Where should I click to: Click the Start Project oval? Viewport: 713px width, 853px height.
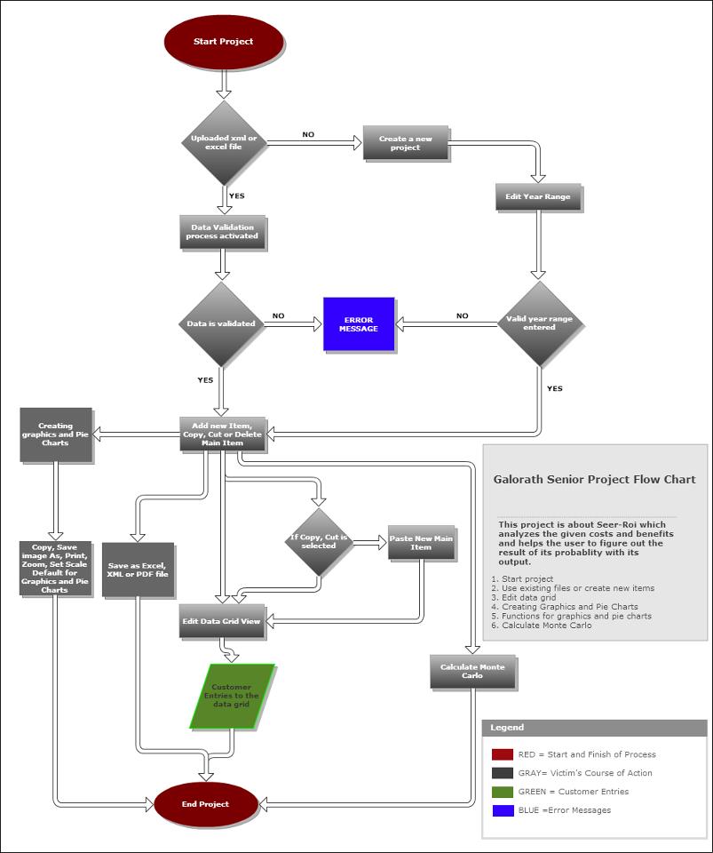tap(224, 42)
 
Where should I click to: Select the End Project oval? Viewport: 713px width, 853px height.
tap(206, 804)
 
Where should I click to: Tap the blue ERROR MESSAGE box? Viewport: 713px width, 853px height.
tap(359, 324)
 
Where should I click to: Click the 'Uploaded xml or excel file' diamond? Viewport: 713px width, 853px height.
tap(224, 142)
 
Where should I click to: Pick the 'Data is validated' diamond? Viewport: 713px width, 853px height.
tap(222, 324)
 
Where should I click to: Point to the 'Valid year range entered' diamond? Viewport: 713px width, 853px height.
tap(539, 323)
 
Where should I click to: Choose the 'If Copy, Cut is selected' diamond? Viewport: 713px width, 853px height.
tap(318, 542)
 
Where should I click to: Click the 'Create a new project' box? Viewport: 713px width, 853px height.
tap(406, 143)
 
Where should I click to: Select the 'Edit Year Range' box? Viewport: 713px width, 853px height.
tap(538, 196)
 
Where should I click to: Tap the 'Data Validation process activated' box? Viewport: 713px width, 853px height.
tap(222, 232)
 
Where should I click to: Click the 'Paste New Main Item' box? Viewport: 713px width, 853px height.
tap(422, 542)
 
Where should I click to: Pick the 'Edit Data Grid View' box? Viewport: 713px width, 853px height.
tap(222, 621)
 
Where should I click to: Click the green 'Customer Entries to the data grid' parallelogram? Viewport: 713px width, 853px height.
tap(233, 696)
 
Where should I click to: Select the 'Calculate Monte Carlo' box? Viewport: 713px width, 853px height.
tap(472, 672)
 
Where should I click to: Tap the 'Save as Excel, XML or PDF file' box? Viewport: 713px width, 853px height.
tap(138, 570)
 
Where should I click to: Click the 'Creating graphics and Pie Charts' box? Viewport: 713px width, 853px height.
tap(56, 434)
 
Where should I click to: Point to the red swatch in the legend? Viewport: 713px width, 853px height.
tap(503, 754)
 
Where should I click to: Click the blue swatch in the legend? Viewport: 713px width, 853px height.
tap(503, 810)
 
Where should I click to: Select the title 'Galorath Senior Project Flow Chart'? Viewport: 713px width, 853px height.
tap(594, 480)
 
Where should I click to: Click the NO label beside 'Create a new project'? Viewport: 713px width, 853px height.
tap(308, 135)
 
